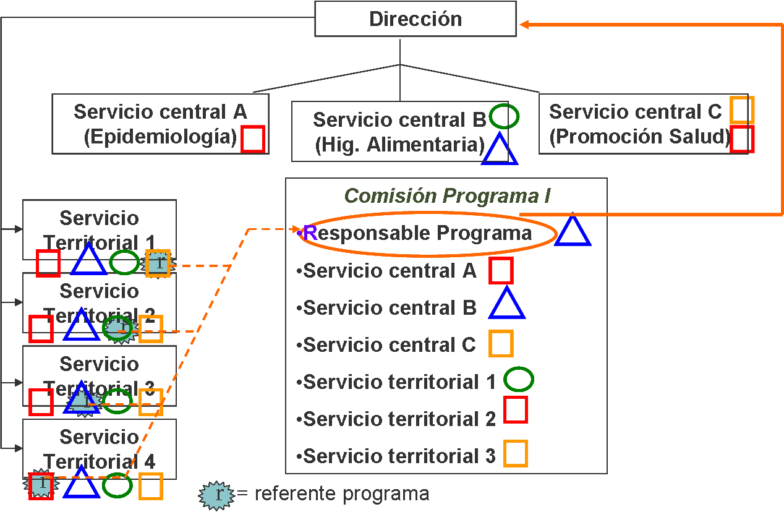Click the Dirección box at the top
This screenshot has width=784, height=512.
(x=415, y=19)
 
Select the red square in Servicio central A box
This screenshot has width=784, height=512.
(x=253, y=139)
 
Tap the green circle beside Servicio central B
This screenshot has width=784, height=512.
(x=504, y=116)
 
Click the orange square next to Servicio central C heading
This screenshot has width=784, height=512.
(x=741, y=110)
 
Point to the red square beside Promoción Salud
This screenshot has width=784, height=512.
(x=741, y=139)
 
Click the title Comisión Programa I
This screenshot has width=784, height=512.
(x=447, y=195)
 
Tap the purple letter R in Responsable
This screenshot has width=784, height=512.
(x=310, y=233)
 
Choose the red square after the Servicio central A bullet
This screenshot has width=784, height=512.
(x=501, y=270)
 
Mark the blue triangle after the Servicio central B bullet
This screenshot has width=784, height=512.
(x=507, y=305)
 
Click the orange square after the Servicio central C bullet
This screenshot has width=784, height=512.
(x=501, y=344)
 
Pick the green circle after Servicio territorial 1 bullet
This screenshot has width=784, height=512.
(x=518, y=380)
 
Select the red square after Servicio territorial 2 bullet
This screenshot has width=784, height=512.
(x=516, y=409)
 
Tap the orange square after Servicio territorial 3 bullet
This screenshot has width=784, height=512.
(x=515, y=453)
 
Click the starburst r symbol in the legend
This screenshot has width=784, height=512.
(x=216, y=494)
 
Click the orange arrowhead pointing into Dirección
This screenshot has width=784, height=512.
(x=524, y=24)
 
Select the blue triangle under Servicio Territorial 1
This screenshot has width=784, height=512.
(x=89, y=261)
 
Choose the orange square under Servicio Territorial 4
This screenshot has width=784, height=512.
(x=150, y=486)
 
